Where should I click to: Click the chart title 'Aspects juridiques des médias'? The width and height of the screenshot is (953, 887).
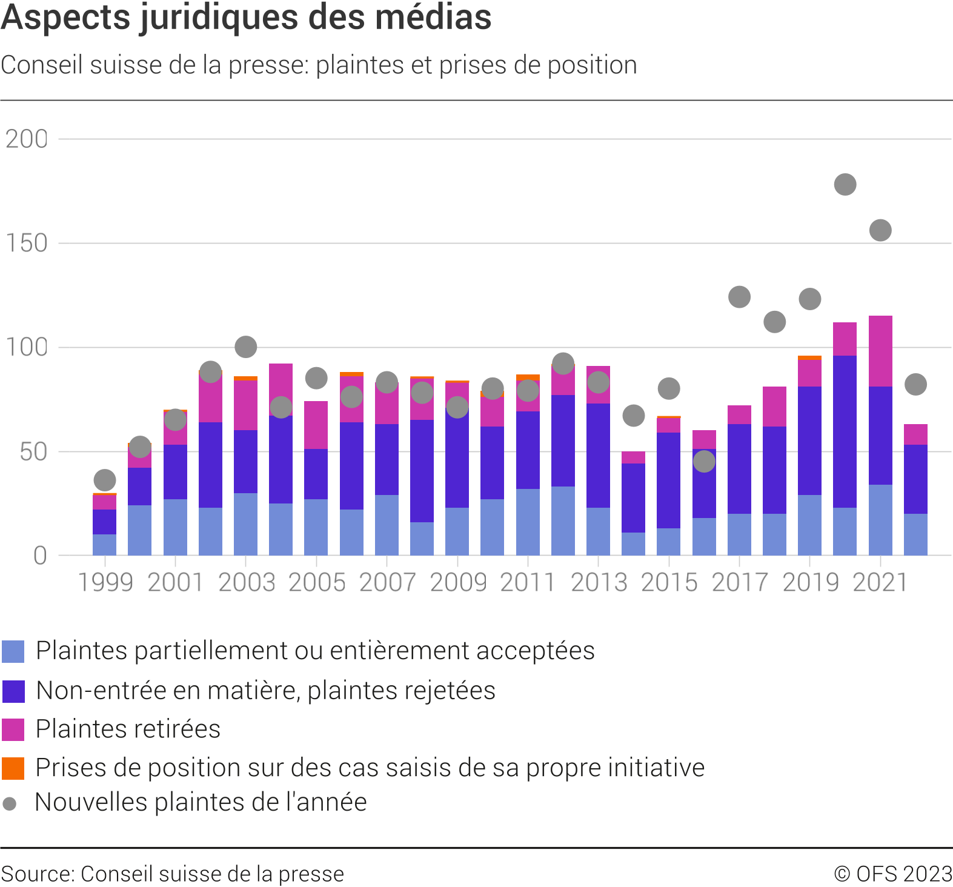click(246, 17)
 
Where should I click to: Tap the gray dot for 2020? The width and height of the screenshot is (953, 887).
click(845, 184)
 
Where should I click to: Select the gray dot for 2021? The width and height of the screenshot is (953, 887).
click(880, 230)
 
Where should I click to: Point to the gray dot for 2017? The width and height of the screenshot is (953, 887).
click(739, 297)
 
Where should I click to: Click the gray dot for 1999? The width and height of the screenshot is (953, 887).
click(105, 480)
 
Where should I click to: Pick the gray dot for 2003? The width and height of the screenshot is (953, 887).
click(245, 347)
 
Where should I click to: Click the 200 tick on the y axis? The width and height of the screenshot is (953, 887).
click(27, 139)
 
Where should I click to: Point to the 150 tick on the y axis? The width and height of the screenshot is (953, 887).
click(27, 244)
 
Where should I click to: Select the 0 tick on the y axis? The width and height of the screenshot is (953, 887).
click(40, 556)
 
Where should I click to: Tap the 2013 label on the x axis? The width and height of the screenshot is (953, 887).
click(599, 583)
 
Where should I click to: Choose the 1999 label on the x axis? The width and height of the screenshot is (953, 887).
click(105, 583)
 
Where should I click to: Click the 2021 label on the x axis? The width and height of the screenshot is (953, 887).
click(880, 583)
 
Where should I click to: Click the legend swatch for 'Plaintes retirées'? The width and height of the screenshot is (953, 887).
click(13, 729)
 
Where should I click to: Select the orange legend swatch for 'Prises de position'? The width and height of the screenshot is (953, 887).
click(13, 768)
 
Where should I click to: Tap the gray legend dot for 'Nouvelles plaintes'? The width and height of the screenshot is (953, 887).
click(10, 804)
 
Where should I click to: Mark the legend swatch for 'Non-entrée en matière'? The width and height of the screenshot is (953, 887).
click(13, 691)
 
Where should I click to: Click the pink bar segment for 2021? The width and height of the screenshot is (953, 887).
click(880, 351)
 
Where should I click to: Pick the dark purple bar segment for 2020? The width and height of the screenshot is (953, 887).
click(845, 431)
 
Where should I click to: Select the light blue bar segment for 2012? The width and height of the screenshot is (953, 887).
click(563, 521)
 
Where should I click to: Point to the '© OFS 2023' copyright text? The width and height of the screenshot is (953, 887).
click(893, 874)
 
